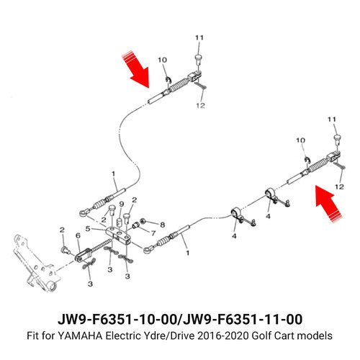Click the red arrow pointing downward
pyautogui.click(x=136, y=69)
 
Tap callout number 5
pyautogui.click(x=88, y=229)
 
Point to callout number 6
pyautogui.click(x=78, y=235)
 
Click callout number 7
pyautogui.click(x=153, y=233)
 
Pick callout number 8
pyautogui.click(x=163, y=225)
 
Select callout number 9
pyautogui.click(x=122, y=204)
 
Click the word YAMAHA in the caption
pyautogui.click(x=80, y=336)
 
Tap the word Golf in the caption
pyautogui.click(x=261, y=336)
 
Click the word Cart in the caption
pyautogui.click(x=284, y=336)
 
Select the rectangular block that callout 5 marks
pyautogui.click(x=118, y=235)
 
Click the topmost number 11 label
pyautogui.click(x=199, y=37)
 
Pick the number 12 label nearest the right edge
pyautogui.click(x=339, y=186)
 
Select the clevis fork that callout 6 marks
pyautogui.click(x=83, y=254)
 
